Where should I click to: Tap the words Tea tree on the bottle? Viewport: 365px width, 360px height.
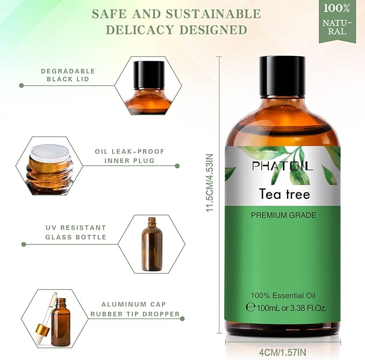point(284,193)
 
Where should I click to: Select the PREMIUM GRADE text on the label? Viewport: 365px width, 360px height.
point(283,215)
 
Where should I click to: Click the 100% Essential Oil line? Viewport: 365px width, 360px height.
point(283,296)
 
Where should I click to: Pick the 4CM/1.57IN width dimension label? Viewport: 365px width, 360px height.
point(283,352)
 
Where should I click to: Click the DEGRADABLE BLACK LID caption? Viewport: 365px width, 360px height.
point(68,75)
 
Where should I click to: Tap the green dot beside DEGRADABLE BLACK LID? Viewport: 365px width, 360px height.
point(22,85)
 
